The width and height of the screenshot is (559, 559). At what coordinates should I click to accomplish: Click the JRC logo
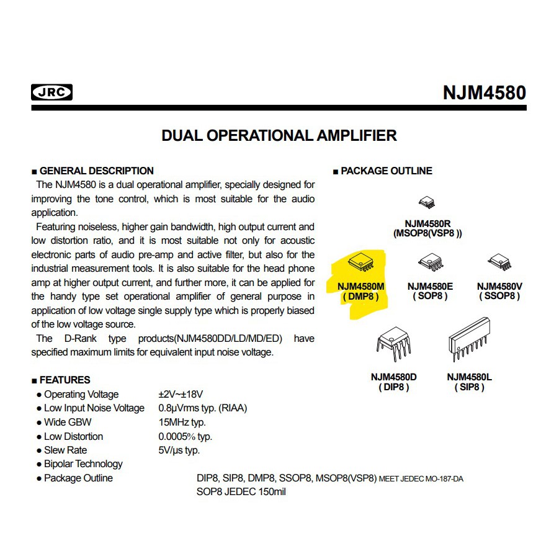(x=51, y=92)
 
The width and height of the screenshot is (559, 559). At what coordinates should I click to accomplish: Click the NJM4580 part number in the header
(x=484, y=93)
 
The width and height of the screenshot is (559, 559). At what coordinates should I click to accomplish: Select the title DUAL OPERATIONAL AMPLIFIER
(x=279, y=135)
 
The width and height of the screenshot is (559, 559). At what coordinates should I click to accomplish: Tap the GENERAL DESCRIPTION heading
(x=96, y=171)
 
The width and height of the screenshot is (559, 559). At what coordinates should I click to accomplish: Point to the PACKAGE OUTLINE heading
(x=386, y=171)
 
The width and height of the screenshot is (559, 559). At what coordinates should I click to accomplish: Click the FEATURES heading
(x=65, y=380)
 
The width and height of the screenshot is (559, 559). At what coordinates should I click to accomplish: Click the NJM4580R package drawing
(x=427, y=202)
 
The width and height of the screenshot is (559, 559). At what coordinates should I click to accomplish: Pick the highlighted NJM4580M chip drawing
(x=360, y=262)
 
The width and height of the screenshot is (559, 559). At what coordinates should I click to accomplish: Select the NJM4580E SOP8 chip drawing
(x=430, y=262)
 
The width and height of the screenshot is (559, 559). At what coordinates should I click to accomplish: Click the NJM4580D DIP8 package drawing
(x=393, y=344)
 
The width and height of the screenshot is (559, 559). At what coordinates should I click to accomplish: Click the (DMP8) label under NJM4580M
(x=360, y=297)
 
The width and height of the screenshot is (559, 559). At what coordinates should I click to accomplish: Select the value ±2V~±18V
(x=181, y=394)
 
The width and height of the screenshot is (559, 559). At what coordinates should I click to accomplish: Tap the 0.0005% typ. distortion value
(x=185, y=436)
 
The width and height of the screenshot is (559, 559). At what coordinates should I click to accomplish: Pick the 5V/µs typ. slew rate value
(x=179, y=450)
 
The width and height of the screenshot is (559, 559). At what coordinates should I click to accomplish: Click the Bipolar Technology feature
(x=83, y=464)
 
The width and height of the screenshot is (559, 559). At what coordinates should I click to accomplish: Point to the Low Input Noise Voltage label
(x=94, y=408)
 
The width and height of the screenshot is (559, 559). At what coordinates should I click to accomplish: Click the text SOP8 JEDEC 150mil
(x=241, y=491)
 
